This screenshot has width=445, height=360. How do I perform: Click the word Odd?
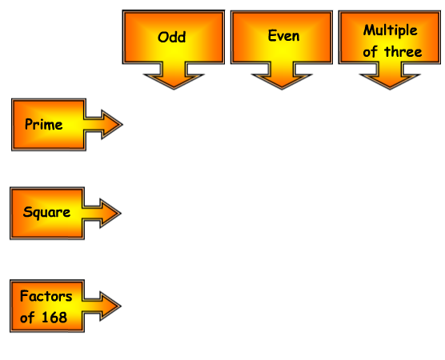172,37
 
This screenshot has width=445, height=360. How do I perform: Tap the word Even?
283,36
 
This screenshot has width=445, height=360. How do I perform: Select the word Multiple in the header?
391,30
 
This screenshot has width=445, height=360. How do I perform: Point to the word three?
403,52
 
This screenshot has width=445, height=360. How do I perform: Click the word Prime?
44,124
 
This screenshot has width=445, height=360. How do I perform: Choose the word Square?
46,212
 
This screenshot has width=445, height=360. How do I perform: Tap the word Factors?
46,296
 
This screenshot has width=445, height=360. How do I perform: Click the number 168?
54,317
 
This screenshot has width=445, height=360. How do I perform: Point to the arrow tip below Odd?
174,89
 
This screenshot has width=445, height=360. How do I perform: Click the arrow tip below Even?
282,89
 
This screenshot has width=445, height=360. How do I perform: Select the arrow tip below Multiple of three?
390,89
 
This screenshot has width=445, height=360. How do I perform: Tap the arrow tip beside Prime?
122,124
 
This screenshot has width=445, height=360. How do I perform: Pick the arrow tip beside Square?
121,213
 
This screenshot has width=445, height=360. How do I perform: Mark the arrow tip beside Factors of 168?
121,306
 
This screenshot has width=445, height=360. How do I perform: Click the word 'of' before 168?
27,317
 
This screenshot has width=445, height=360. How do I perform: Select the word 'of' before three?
370,52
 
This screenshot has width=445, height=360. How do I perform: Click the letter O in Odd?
163,37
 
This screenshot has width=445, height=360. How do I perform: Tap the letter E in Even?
272,35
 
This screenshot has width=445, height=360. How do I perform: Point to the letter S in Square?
27,212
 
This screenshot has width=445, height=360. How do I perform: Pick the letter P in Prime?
29,124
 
